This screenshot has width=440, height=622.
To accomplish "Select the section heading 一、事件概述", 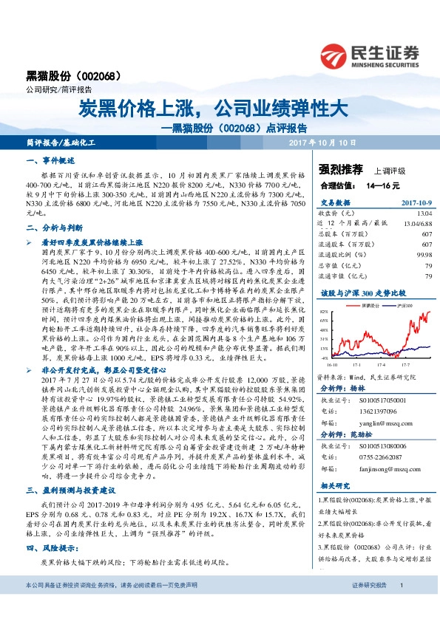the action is (51, 160).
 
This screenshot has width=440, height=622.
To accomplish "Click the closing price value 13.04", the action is (424, 212).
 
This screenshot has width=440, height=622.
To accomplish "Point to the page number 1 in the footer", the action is (400, 606).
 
